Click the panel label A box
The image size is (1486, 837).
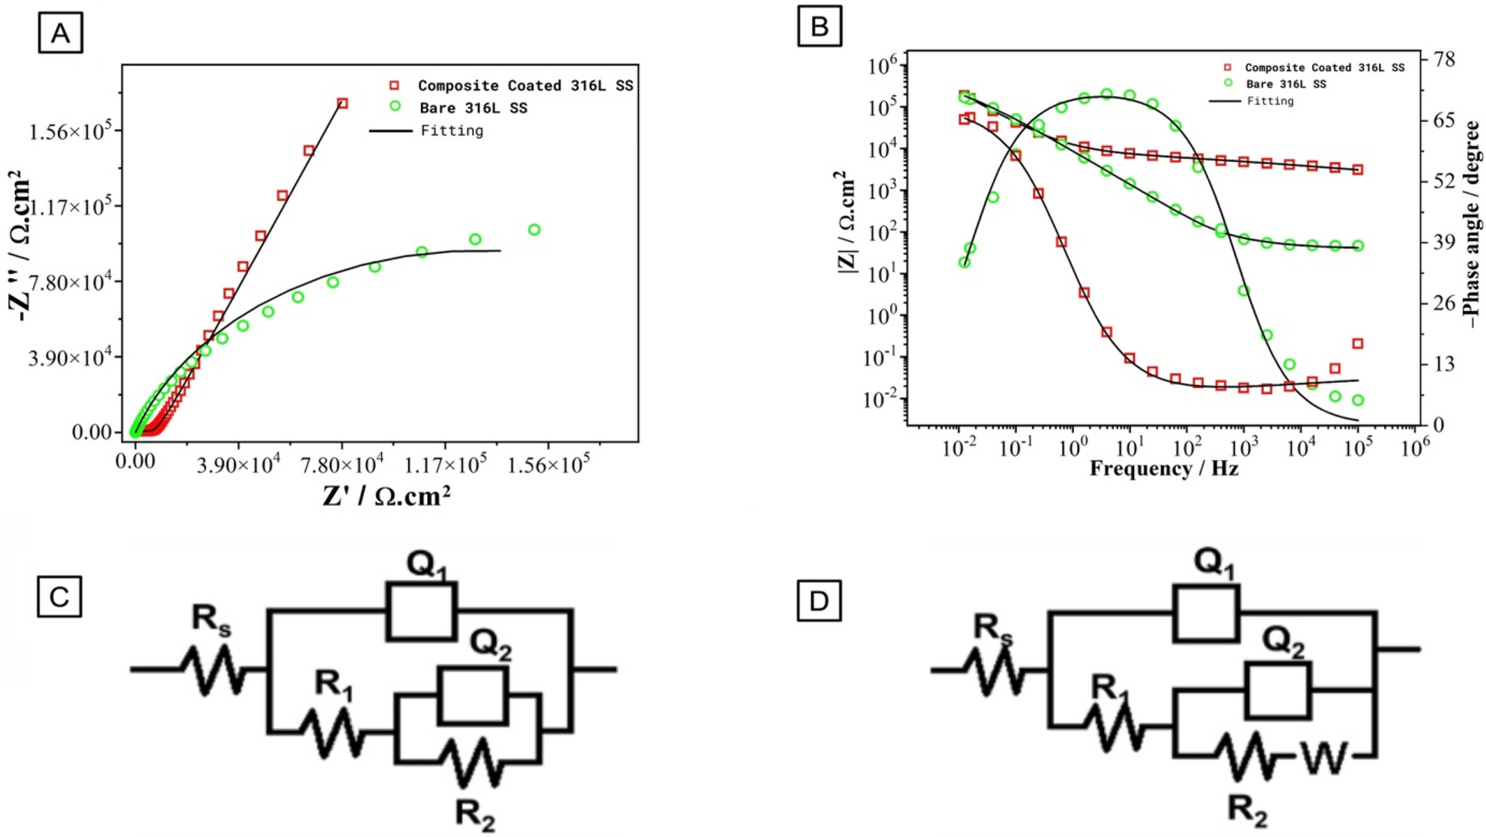[x=60, y=33]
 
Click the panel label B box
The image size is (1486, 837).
[x=819, y=26]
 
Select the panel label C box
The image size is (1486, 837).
[x=59, y=597]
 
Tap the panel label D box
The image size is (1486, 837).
[x=819, y=601]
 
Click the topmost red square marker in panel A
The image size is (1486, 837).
[x=342, y=103]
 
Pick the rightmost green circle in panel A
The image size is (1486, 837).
[x=534, y=230]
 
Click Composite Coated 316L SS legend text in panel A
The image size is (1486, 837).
[x=525, y=85]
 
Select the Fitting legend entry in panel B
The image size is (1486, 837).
[x=1270, y=101]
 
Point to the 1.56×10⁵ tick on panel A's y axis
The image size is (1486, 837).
[x=69, y=132]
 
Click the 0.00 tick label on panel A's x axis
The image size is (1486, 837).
[x=136, y=461]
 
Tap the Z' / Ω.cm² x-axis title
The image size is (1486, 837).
[x=386, y=496]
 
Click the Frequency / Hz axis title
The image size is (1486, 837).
[x=1163, y=469]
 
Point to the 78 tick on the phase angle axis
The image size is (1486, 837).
[x=1443, y=60]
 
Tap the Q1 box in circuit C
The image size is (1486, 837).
[x=421, y=611]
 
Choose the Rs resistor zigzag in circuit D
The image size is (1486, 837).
[x=994, y=671]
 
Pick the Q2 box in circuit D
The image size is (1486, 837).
[x=1277, y=690]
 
